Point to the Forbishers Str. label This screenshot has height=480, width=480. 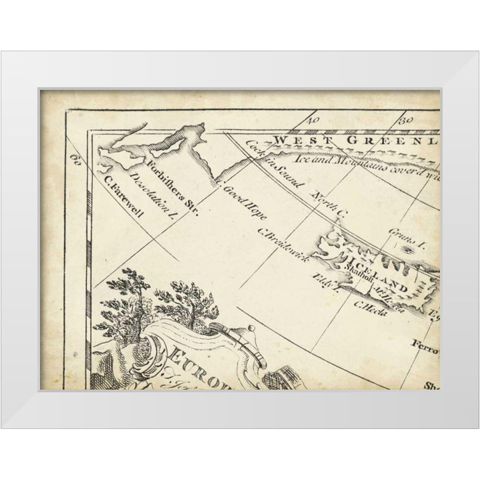pyautogui.click(x=172, y=188)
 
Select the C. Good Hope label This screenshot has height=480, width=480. pyautogui.click(x=240, y=201)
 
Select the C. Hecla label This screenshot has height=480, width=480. pyautogui.click(x=366, y=306)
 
